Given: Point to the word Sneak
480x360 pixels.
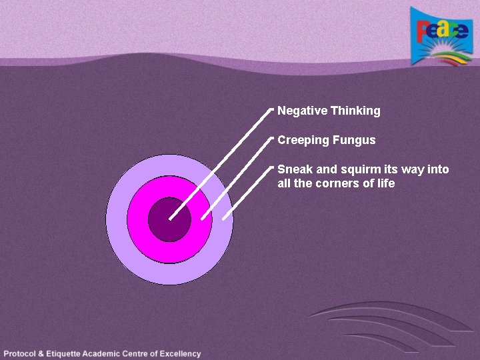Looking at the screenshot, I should [291, 169].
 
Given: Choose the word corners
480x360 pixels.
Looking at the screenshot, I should [337, 183].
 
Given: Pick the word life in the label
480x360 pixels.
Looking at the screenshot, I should [386, 183].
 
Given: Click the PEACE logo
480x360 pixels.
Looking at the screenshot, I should [441, 37].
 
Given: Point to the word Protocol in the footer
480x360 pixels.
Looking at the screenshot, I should [23, 353].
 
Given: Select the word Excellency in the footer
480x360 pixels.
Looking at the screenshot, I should [178, 353].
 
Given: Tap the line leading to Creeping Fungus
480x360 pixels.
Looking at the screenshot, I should [237, 177].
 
